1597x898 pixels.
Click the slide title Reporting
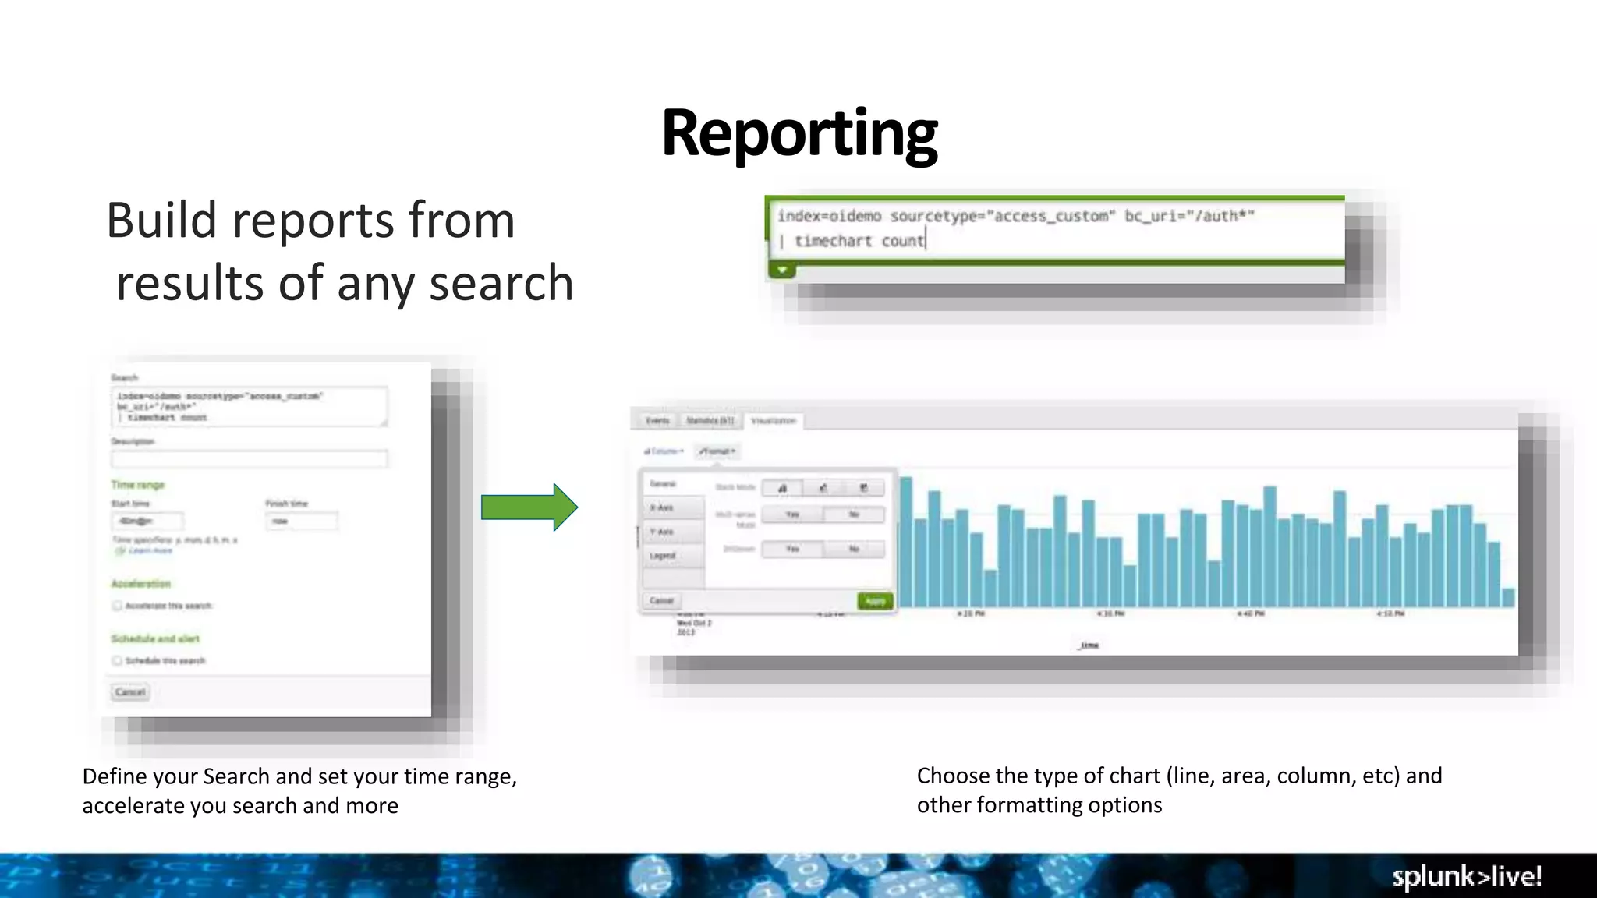coord(799,134)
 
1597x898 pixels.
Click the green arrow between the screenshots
coord(529,507)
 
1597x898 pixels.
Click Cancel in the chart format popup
coord(661,601)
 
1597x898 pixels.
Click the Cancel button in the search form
coord(130,692)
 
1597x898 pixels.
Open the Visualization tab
coord(773,421)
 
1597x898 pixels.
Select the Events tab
coord(657,421)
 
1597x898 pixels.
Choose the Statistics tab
coord(710,421)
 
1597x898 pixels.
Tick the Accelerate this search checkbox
coord(118,606)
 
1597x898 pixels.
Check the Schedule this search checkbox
coord(118,661)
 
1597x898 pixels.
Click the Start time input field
coord(147,521)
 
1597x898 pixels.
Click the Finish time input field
coord(302,521)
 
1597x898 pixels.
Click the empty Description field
coord(249,459)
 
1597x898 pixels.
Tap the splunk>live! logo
coord(1467,876)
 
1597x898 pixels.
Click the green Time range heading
coord(138,485)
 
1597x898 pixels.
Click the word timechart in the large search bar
coord(833,241)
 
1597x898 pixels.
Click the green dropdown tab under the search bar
coord(782,270)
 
